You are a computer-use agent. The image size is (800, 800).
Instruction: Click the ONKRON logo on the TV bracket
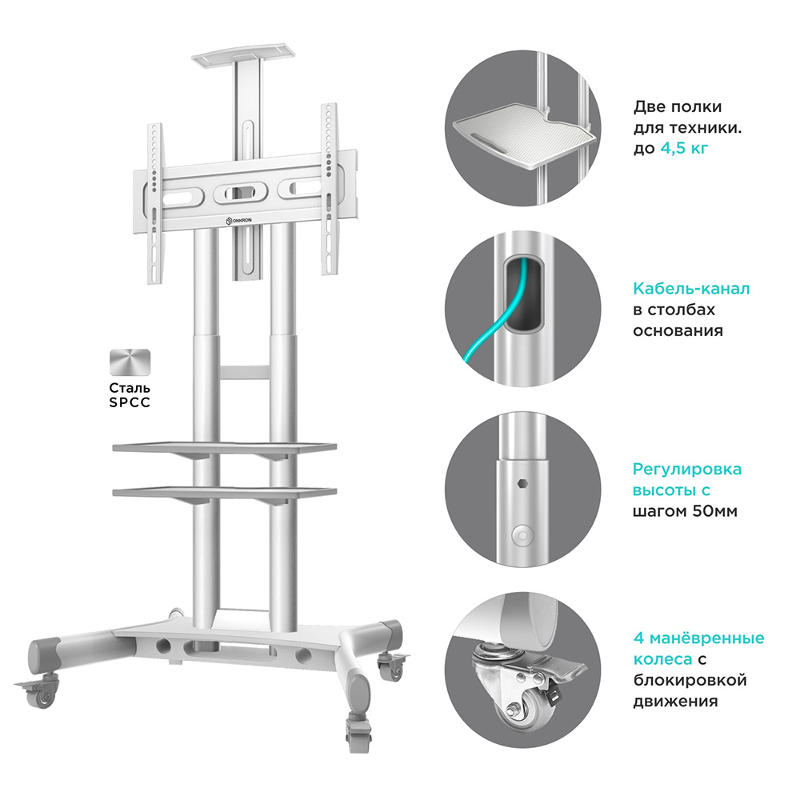click(238, 221)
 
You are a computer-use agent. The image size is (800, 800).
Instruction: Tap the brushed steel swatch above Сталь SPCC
click(130, 362)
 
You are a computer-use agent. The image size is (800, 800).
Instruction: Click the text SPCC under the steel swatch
click(130, 402)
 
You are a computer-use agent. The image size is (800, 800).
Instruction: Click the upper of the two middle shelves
click(225, 448)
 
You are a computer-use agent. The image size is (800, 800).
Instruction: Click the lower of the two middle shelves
click(225, 492)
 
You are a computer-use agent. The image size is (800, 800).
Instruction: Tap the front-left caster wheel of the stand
click(40, 690)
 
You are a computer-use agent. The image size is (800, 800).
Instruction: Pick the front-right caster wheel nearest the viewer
click(359, 732)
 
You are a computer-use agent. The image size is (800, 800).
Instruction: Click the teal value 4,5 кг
click(684, 149)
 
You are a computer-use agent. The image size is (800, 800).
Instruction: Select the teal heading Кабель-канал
click(691, 289)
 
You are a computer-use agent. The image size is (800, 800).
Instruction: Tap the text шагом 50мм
click(686, 511)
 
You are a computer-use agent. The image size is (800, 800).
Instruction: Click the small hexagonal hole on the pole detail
click(521, 483)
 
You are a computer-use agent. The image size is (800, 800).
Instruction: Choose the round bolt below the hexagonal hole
click(522, 536)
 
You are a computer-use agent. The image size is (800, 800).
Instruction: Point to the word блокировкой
click(690, 681)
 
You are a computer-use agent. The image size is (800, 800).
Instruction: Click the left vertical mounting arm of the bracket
click(154, 203)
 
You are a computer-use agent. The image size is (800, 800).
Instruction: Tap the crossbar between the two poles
click(244, 371)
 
